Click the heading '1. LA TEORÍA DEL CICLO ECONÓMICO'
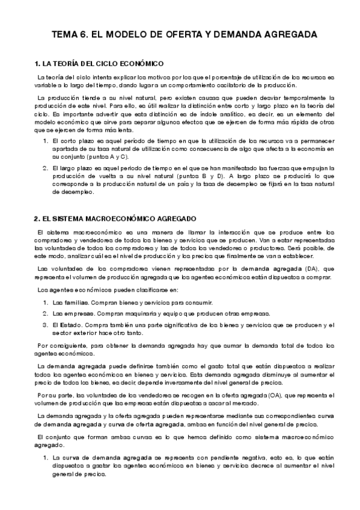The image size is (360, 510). tap(99, 63)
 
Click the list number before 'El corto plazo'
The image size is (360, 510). tap(46, 141)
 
